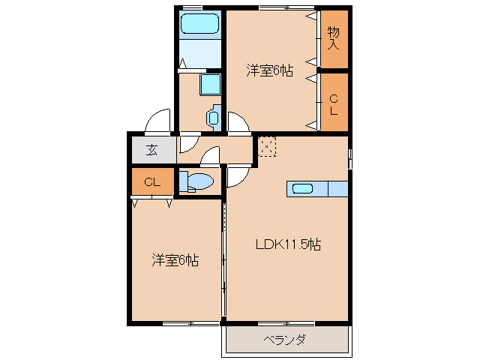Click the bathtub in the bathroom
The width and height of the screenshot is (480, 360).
click(x=200, y=24)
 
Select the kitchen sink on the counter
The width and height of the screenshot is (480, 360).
click(x=303, y=188)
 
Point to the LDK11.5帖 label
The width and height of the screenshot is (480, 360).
click(x=288, y=244)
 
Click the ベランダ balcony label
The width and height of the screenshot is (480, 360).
click(x=284, y=340)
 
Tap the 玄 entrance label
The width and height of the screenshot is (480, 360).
click(x=151, y=149)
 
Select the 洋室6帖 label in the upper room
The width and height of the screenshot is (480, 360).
click(x=269, y=70)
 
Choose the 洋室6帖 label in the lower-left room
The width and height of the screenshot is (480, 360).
click(x=175, y=260)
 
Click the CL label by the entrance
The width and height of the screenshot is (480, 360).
click(x=151, y=181)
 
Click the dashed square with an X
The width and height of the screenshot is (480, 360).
click(x=267, y=145)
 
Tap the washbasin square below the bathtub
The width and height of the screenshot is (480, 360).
click(x=210, y=84)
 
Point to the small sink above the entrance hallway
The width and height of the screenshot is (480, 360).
click(x=213, y=117)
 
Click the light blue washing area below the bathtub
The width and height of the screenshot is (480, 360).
click(x=201, y=52)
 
